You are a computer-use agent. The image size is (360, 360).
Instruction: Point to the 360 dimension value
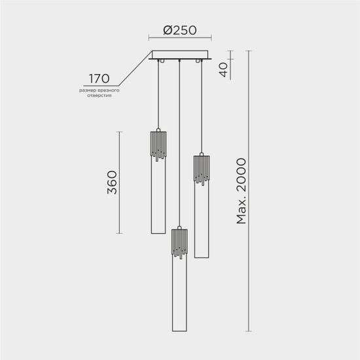tap(112, 183)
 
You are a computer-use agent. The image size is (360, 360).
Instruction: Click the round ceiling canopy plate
tap(180, 56)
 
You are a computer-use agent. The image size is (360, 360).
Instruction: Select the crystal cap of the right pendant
tap(201, 169)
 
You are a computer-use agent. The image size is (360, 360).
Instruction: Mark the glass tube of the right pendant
tap(201, 223)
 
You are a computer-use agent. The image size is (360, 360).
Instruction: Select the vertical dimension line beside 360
tap(119, 183)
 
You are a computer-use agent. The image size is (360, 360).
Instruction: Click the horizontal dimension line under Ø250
tap(179, 41)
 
